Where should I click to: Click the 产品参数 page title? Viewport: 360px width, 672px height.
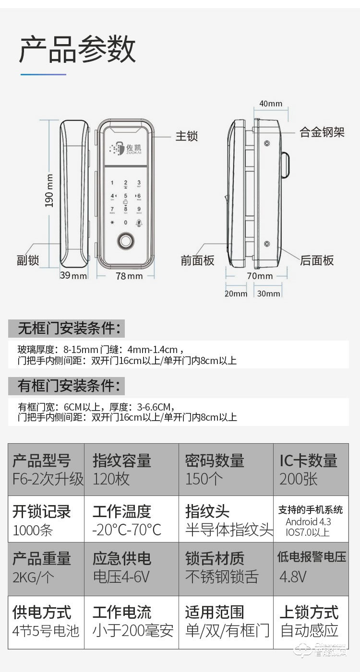(77, 49)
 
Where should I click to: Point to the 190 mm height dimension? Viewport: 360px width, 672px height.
(49, 190)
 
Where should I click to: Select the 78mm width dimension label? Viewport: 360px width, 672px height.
(129, 276)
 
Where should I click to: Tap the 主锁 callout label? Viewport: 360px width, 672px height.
(187, 136)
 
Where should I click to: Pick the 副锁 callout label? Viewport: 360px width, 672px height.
(28, 260)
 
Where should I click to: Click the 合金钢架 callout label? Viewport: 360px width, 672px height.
(322, 132)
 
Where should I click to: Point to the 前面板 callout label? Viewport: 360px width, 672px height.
(197, 260)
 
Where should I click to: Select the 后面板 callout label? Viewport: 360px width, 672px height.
(317, 260)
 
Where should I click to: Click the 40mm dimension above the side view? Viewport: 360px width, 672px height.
(271, 104)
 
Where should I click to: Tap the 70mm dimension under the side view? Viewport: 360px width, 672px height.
(260, 276)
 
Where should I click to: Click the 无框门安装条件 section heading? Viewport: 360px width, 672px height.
(67, 329)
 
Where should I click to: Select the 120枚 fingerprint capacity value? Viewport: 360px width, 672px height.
(111, 479)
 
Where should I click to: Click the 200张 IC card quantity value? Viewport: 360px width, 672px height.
(299, 479)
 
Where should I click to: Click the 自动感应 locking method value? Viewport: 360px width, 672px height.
(309, 630)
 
